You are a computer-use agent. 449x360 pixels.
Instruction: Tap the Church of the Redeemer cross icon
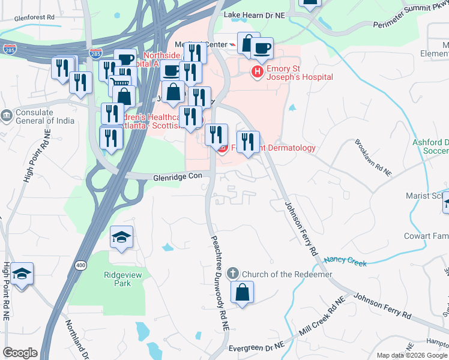click(234, 274)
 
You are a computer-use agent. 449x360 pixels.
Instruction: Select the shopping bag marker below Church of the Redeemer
click(242, 293)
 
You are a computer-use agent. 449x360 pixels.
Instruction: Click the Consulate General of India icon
click(7, 115)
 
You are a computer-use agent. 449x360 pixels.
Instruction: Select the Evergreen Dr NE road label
click(256, 347)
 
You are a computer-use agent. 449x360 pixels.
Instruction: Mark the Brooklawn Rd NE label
click(373, 158)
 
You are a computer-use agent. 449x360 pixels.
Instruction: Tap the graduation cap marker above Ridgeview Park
click(122, 237)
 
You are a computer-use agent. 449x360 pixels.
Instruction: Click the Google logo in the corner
click(20, 353)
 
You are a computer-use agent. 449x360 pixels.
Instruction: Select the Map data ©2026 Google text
click(412, 355)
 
